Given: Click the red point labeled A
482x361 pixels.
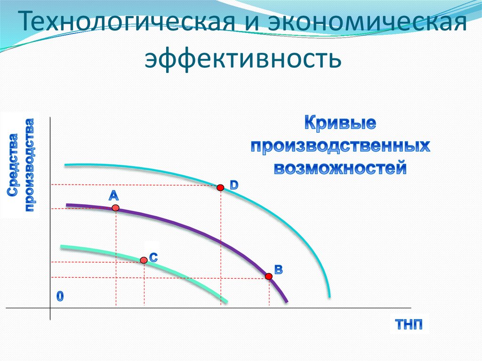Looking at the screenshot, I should point(115,208).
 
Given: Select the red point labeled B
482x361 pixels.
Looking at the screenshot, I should point(269,276).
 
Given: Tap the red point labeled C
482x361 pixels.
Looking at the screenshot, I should point(144,260).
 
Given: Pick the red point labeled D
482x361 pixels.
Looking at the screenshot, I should point(220,187).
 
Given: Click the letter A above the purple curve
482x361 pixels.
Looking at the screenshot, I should point(113,195).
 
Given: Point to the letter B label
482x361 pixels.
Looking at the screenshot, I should point(278,270).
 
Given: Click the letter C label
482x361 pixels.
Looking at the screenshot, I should point(153,257).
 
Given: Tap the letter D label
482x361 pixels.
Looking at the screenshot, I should point(234,185).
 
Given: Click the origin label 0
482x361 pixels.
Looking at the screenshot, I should point(60,296).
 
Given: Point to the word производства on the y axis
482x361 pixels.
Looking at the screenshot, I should point(29,165).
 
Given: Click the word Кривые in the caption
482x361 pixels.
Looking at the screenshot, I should point(340,123).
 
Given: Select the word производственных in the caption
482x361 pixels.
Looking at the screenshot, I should point(340,145).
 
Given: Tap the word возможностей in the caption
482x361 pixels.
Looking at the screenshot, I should point(340,168).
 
